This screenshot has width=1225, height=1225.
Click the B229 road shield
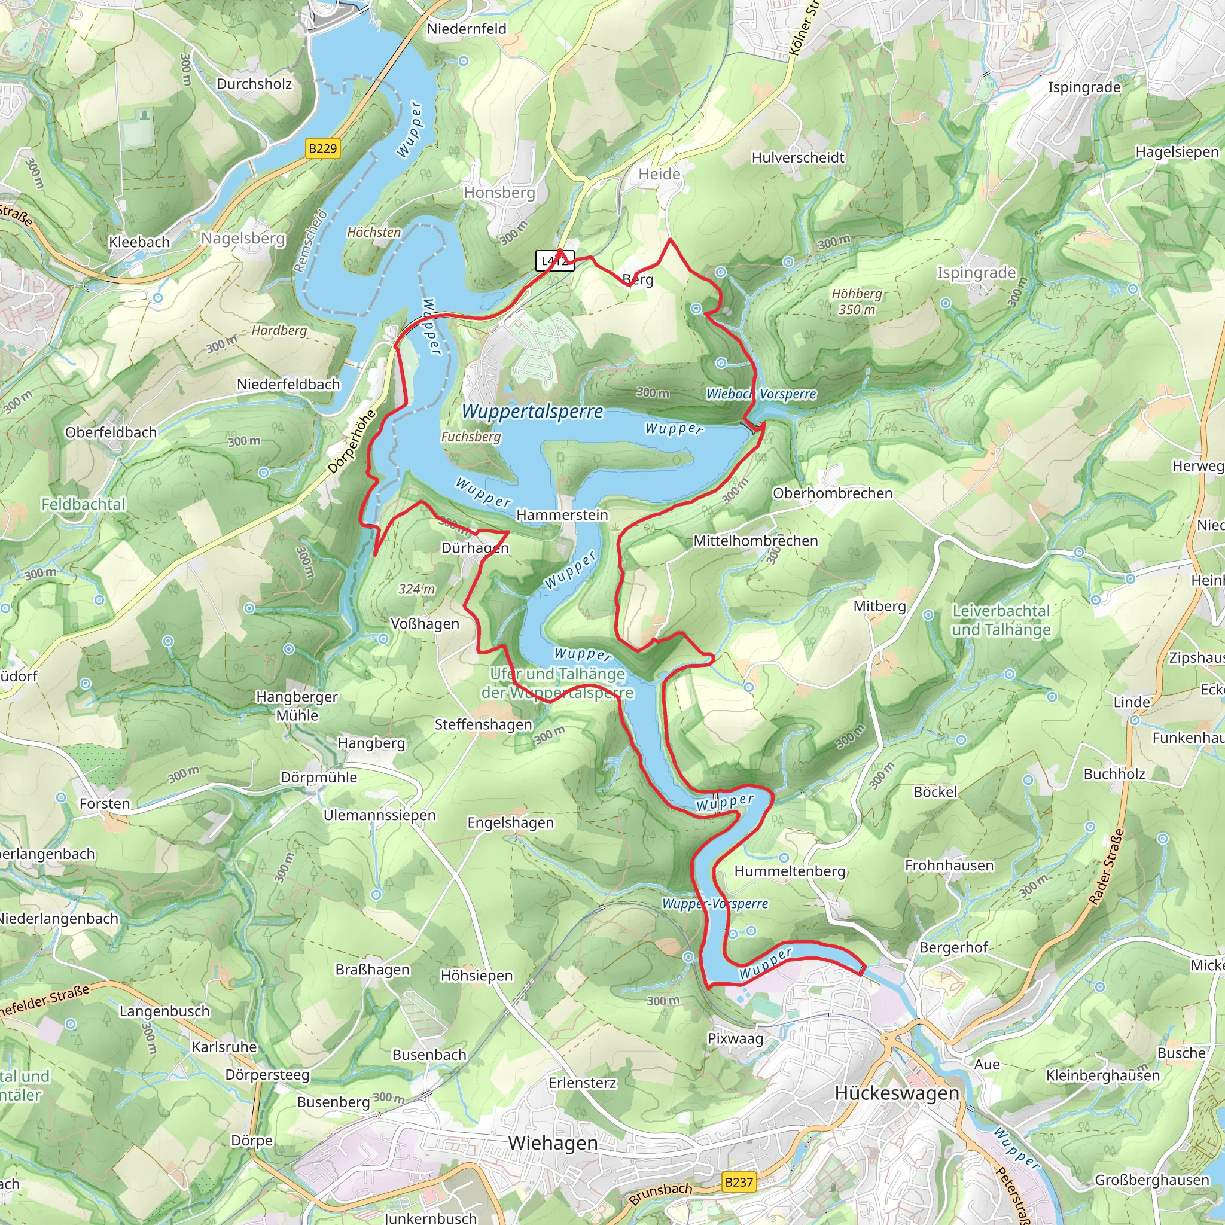pyautogui.click(x=323, y=148)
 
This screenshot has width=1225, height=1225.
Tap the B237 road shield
pyautogui.click(x=739, y=1182)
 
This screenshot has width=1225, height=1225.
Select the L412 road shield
pyautogui.click(x=555, y=261)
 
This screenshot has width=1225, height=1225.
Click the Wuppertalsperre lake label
pyautogui.click(x=532, y=412)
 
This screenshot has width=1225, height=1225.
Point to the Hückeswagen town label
pyautogui.click(x=897, y=1093)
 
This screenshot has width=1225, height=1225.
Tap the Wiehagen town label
pyautogui.click(x=553, y=1142)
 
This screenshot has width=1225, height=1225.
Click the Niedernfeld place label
pyautogui.click(x=467, y=29)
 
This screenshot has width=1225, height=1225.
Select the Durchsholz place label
pyautogui.click(x=254, y=84)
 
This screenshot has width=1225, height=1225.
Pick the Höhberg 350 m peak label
pyautogui.click(x=857, y=302)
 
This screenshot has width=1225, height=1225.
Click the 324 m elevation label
pyautogui.click(x=416, y=589)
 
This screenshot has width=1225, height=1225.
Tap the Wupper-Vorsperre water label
pyautogui.click(x=715, y=904)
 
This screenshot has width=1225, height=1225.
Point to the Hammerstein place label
pyautogui.click(x=562, y=515)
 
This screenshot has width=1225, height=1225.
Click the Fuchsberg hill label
pyautogui.click(x=471, y=437)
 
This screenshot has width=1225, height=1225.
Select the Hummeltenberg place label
pyautogui.click(x=790, y=871)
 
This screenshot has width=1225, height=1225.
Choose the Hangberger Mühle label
pyautogui.click(x=297, y=706)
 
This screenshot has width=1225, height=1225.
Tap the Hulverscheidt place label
pyautogui.click(x=798, y=157)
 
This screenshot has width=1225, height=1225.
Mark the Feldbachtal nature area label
pyautogui.click(x=83, y=504)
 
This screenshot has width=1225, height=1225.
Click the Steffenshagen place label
pyautogui.click(x=483, y=724)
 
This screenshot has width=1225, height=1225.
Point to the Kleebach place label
pyautogui.click(x=139, y=242)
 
